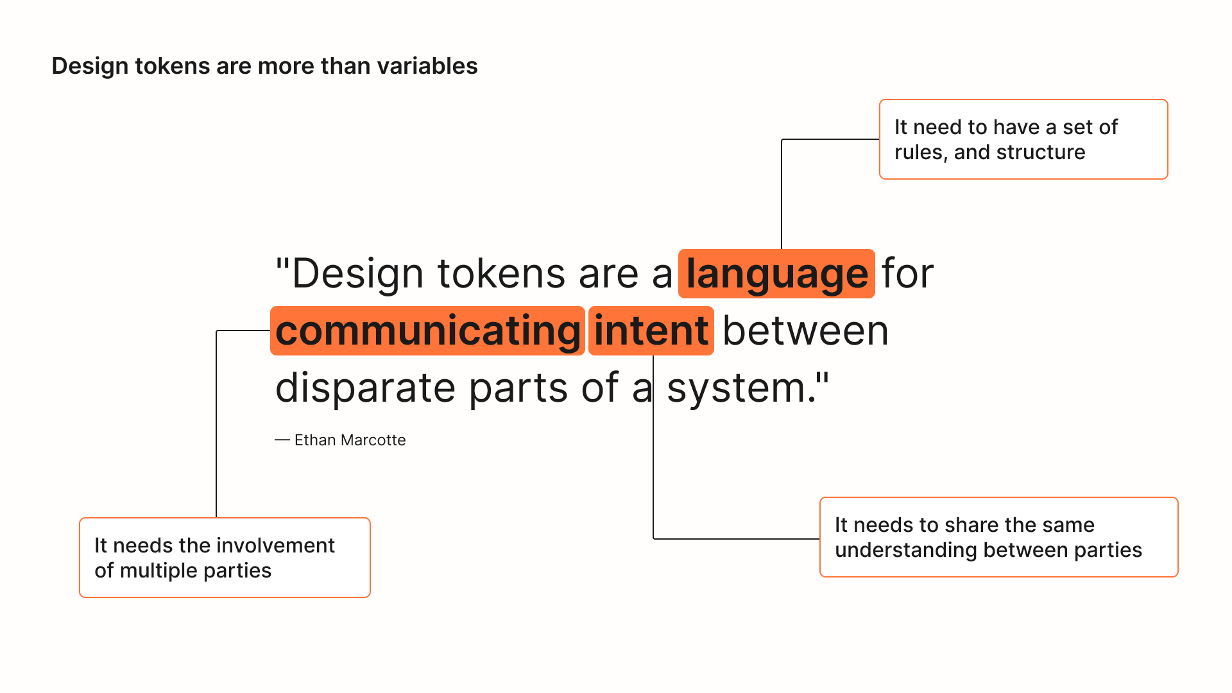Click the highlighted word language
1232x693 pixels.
coord(776,274)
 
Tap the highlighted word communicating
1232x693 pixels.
coord(427,331)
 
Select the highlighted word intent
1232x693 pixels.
coord(651,331)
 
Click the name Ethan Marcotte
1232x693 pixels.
coord(350,440)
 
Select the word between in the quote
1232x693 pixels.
coord(805,331)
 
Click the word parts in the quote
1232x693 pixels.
coord(518,389)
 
